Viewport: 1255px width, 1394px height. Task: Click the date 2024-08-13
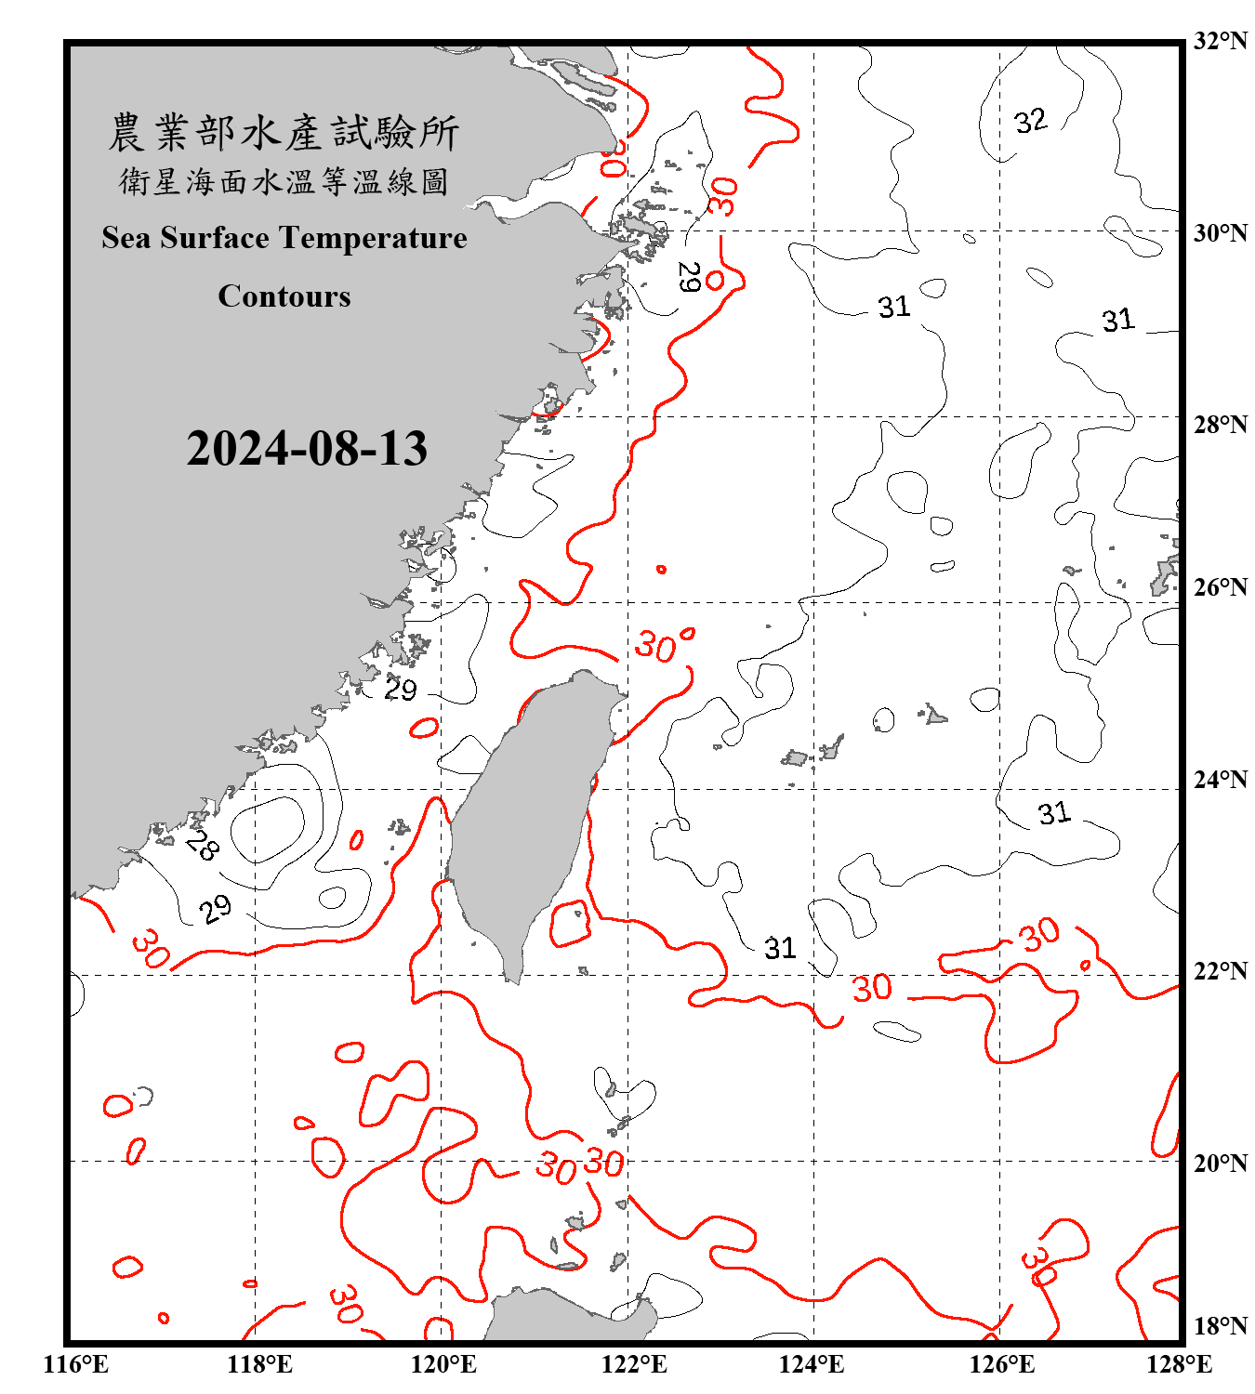pos(307,449)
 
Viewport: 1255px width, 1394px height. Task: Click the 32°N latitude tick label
pos(1221,41)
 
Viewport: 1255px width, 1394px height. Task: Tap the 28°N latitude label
pos(1221,425)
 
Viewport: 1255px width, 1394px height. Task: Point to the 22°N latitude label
pos(1221,971)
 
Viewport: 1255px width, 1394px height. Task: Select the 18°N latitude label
pos(1221,1326)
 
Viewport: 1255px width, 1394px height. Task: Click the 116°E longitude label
pos(76,1364)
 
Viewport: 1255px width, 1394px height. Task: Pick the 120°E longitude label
pos(443,1364)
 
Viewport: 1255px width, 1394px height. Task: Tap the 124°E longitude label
pos(812,1364)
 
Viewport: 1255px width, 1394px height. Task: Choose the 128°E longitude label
pos(1179,1364)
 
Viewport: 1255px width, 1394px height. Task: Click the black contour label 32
pos(1030,121)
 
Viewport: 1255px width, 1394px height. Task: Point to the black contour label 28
pos(202,845)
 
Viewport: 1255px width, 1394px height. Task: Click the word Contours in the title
pos(284,296)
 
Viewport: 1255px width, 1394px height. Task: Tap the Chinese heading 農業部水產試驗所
pos(284,133)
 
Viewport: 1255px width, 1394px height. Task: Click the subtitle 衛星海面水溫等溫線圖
pos(284,181)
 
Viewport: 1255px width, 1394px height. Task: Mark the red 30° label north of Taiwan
pos(662,644)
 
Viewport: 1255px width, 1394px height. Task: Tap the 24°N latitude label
pos(1221,780)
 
